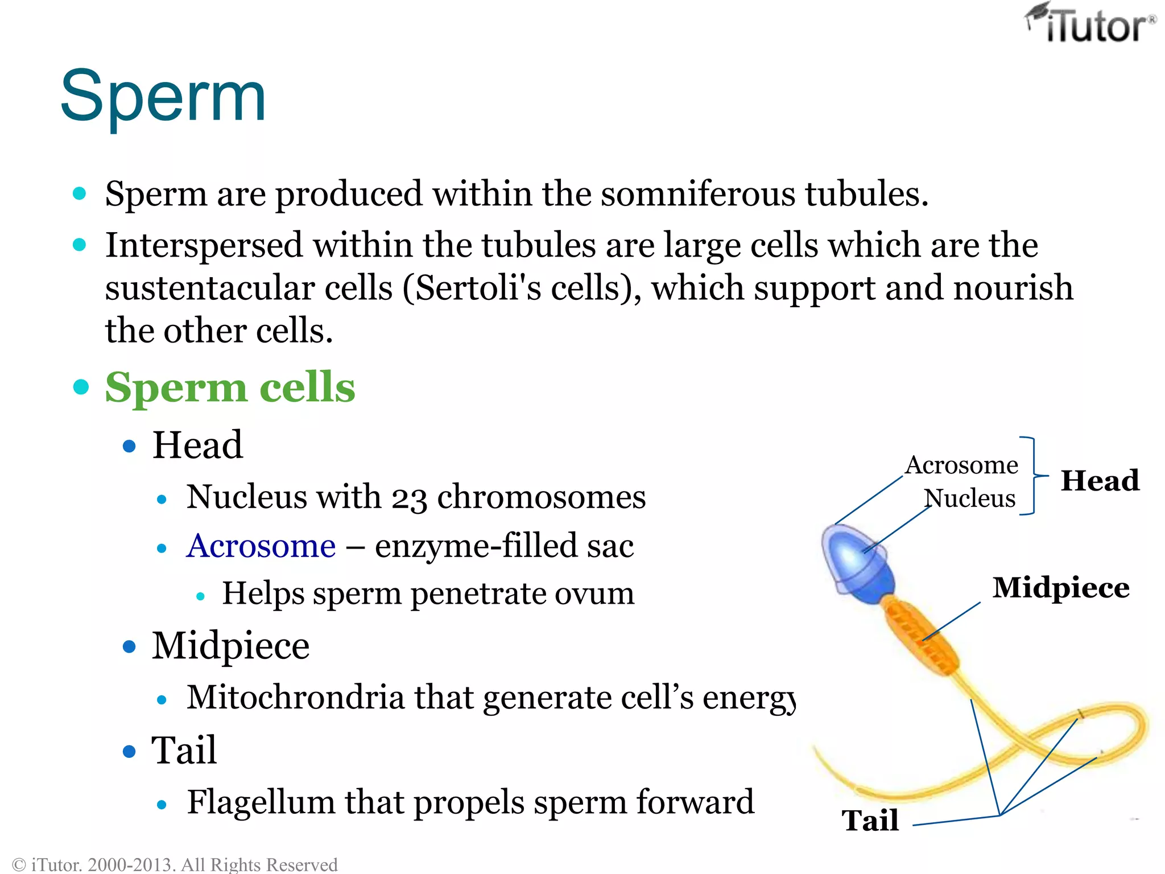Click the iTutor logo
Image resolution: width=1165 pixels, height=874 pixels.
click(x=1091, y=24)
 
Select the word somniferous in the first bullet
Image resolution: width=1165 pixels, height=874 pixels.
click(x=697, y=194)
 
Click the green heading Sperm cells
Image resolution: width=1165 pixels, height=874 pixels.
click(x=230, y=387)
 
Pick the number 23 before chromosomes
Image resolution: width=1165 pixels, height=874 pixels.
click(x=408, y=498)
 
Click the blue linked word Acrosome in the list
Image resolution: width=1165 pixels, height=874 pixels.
click(x=261, y=546)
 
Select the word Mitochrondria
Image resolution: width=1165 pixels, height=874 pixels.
click(x=295, y=698)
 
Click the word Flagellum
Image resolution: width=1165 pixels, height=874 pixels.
click(x=261, y=802)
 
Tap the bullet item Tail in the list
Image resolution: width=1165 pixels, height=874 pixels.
click(x=184, y=751)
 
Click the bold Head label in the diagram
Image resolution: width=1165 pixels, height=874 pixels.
click(x=1100, y=481)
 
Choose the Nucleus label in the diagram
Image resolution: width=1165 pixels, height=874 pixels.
click(x=969, y=498)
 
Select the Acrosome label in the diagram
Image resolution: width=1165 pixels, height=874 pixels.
click(x=961, y=465)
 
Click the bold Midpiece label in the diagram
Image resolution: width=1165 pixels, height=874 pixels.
click(x=1061, y=588)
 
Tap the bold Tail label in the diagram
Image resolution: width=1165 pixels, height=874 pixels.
click(x=870, y=821)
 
